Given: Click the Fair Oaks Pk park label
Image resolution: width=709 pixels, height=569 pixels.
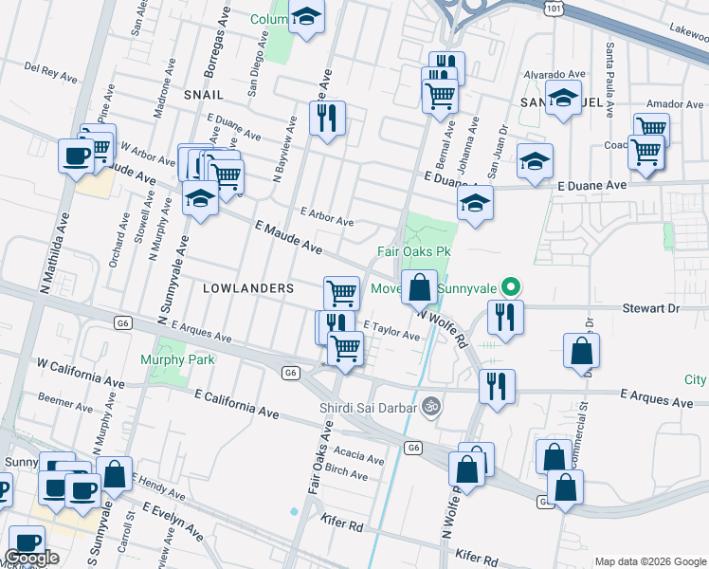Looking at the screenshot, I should click(x=412, y=251).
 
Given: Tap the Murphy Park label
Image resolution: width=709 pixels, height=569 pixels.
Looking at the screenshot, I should click(x=177, y=359).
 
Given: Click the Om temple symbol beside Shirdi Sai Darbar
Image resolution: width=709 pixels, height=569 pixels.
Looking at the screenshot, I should click(x=432, y=405).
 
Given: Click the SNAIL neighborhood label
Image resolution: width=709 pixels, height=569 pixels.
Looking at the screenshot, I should click(x=204, y=95).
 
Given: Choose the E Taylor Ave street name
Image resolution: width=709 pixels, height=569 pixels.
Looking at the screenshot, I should click(x=391, y=334).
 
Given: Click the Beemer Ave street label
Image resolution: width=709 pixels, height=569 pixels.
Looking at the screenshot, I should click(x=64, y=403).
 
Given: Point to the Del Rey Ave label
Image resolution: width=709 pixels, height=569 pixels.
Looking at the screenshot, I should click(x=44, y=68).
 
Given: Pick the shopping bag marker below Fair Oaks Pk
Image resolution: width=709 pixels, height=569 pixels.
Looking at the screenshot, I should click(x=419, y=285).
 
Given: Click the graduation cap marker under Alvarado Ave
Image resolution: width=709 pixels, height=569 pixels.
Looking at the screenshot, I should click(x=563, y=99).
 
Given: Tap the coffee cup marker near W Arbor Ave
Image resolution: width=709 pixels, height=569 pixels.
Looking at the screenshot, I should click(x=76, y=156).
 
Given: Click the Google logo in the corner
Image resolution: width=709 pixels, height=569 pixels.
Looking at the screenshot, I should click(x=31, y=558).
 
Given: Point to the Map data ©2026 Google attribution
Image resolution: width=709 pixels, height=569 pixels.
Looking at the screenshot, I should click(x=650, y=561).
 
